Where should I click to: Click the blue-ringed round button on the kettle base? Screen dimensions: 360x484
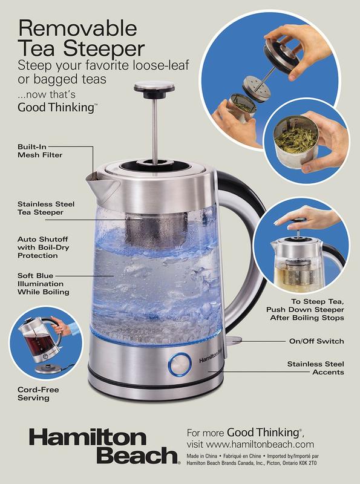[x=180, y=364]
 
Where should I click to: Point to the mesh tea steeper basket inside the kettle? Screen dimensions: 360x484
[x=157, y=231]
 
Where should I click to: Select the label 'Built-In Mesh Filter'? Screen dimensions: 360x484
[x=40, y=151]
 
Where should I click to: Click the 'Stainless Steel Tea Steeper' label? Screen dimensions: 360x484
[x=46, y=208]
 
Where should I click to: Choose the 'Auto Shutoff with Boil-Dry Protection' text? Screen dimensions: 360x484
[x=43, y=247]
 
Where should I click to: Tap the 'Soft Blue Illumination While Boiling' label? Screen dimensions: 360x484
[x=43, y=284]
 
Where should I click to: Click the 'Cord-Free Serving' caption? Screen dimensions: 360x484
[x=38, y=394]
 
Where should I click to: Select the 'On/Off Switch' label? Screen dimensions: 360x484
[x=316, y=341]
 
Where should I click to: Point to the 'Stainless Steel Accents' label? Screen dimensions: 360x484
[x=316, y=368]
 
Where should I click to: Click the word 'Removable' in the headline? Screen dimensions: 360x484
[x=77, y=28]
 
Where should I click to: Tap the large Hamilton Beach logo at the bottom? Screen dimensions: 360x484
[x=104, y=446]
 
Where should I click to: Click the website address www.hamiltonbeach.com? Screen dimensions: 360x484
[x=260, y=444]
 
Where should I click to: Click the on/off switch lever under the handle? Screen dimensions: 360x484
[x=234, y=340]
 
